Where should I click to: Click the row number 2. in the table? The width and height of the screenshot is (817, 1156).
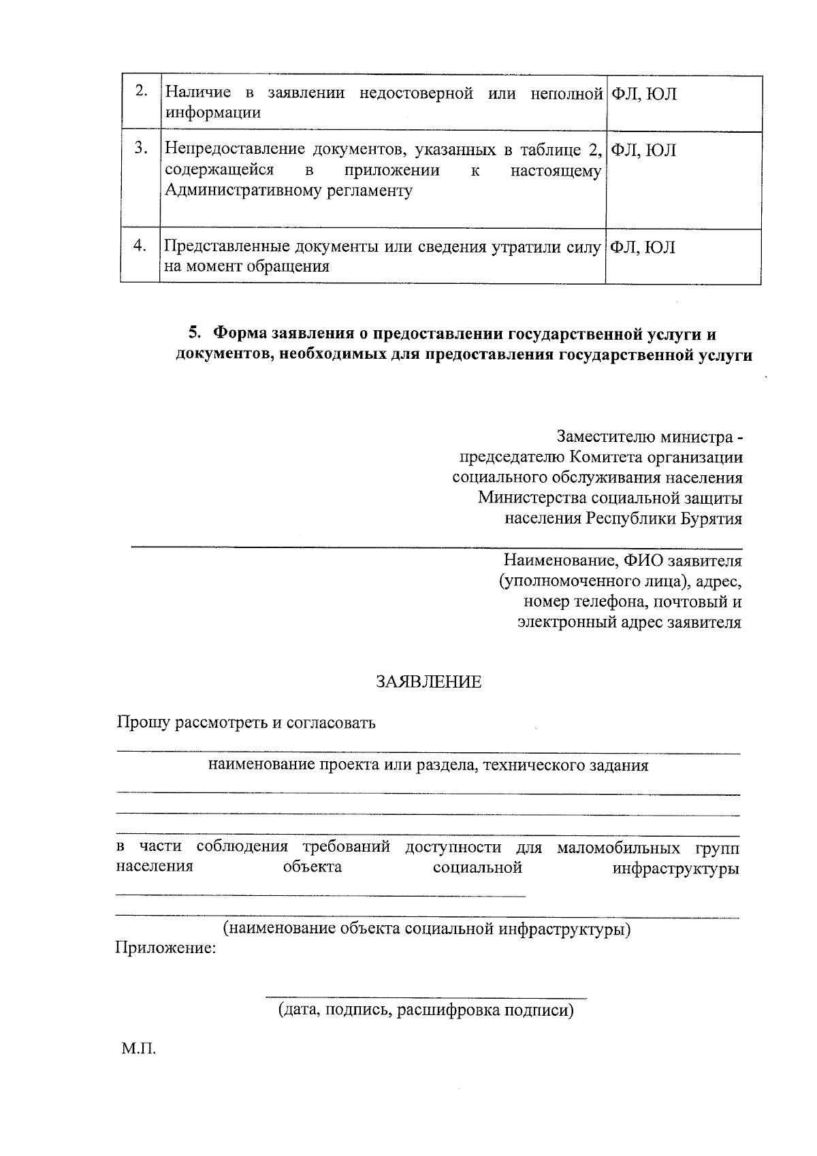(141, 92)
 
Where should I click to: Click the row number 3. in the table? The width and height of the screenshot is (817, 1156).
(141, 148)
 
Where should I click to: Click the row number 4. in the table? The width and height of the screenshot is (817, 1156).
(140, 246)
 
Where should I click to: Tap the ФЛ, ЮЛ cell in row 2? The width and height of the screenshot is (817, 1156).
(642, 94)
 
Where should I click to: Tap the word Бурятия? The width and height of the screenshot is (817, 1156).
(711, 519)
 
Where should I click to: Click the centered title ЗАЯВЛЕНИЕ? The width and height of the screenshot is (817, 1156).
(429, 681)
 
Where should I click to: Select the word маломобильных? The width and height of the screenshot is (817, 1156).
(618, 848)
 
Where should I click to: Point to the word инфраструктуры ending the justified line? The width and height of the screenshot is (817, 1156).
(675, 869)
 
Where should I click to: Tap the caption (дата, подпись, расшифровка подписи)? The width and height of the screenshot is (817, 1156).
(426, 1010)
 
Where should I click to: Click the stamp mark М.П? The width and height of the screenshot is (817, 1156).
(139, 1050)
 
